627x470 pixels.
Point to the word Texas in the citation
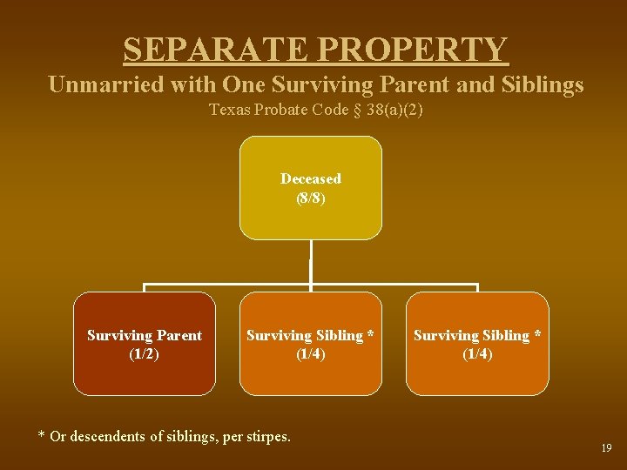click(230, 110)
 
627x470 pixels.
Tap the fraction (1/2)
click(145, 353)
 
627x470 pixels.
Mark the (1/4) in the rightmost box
click(477, 353)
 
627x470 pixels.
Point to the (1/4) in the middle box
click(311, 353)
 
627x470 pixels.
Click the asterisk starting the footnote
click(42, 436)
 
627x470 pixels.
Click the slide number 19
click(606, 447)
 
